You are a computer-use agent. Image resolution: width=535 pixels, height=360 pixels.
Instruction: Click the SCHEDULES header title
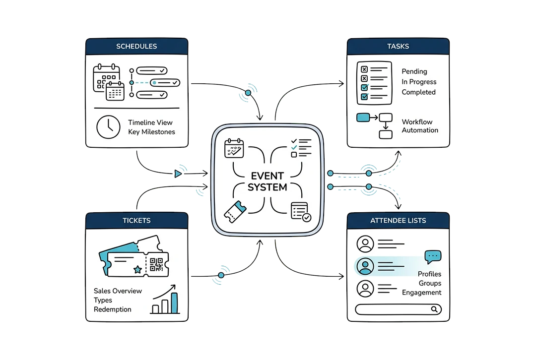click(x=136, y=47)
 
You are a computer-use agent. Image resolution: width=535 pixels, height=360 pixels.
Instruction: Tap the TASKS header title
click(x=398, y=47)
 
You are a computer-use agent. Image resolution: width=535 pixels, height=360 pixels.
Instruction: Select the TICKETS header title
click(x=136, y=220)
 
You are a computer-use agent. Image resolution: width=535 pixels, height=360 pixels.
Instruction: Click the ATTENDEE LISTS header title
click(x=398, y=220)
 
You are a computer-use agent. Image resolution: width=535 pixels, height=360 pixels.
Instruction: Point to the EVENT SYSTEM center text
click(x=267, y=181)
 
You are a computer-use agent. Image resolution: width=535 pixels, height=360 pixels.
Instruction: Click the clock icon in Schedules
click(x=108, y=127)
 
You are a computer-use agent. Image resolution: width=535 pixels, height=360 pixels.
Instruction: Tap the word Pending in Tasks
click(x=414, y=71)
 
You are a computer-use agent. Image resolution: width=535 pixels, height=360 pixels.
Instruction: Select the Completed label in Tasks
click(x=418, y=92)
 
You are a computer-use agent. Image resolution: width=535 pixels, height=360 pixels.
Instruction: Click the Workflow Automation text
click(x=420, y=126)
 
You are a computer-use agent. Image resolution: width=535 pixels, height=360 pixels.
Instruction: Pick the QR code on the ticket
click(x=156, y=265)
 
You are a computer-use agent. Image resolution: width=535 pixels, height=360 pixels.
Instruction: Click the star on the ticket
click(x=137, y=269)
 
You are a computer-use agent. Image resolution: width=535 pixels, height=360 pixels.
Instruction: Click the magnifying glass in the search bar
click(x=434, y=309)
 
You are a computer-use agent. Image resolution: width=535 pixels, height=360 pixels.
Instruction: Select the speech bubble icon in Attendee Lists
click(x=433, y=257)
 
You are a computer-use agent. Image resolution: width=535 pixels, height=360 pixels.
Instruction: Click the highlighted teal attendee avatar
click(x=365, y=266)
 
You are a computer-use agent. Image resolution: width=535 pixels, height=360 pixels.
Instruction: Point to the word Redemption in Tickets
click(x=113, y=309)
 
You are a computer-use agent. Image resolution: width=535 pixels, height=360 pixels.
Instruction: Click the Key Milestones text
click(x=151, y=132)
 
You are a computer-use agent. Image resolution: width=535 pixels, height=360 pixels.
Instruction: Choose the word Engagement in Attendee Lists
click(x=421, y=293)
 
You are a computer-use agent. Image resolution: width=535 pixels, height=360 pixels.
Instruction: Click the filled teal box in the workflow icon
click(x=363, y=118)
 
